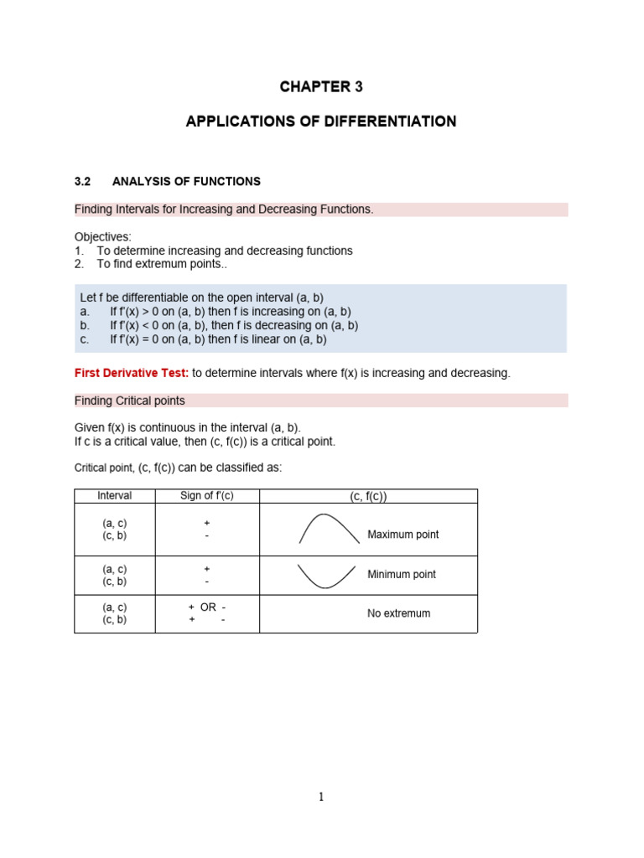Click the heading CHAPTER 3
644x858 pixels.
tap(321, 87)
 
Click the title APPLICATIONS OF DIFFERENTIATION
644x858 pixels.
tap(321, 121)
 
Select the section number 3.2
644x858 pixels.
tap(82, 181)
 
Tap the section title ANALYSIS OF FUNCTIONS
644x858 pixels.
tap(198, 181)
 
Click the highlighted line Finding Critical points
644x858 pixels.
tap(130, 401)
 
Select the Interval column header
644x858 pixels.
tap(115, 496)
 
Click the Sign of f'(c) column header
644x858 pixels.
tap(207, 496)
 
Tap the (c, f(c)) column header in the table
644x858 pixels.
tap(368, 497)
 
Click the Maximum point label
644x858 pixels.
tap(403, 535)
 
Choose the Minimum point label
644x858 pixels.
tap(402, 575)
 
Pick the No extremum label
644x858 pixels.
tap(398, 613)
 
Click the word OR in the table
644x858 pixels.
tap(208, 607)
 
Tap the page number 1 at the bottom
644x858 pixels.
tap(321, 797)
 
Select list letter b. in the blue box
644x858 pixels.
tap(85, 325)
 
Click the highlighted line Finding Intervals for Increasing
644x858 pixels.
tap(224, 209)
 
